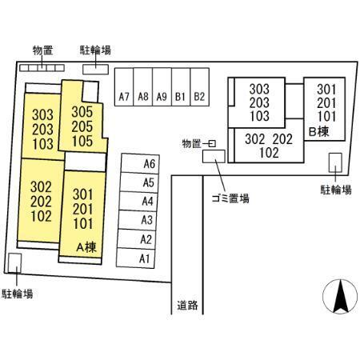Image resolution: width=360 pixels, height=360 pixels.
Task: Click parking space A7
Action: click(x=124, y=87)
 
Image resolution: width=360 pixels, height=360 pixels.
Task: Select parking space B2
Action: click(x=199, y=87)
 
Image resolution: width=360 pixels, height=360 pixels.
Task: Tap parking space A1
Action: click(x=135, y=258)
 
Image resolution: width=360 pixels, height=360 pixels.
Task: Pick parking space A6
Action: click(x=140, y=163)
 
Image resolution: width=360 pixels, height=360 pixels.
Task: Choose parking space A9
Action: click(x=162, y=87)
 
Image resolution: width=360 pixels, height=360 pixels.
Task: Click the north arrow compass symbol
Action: click(x=340, y=297)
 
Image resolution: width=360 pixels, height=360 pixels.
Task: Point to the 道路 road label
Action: click(x=187, y=305)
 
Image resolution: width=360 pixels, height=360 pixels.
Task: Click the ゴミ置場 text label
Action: click(x=230, y=198)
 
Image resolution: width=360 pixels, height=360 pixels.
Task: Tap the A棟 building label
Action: click(x=86, y=247)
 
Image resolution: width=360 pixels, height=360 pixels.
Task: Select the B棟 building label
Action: click(x=319, y=131)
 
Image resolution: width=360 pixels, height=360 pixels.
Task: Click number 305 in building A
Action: click(x=82, y=112)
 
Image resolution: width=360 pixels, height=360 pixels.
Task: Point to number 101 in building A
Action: click(x=83, y=223)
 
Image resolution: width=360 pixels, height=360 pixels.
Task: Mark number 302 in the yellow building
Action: click(x=41, y=187)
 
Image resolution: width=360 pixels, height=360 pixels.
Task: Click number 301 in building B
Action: click(x=326, y=90)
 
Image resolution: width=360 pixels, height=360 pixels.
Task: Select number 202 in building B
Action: click(x=282, y=139)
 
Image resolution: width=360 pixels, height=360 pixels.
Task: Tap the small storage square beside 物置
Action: click(x=212, y=144)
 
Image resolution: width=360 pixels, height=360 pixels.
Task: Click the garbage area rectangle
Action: click(x=214, y=156)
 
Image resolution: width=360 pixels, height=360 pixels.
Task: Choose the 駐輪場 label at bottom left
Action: click(x=18, y=294)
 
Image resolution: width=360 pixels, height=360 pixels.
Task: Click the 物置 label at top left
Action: click(x=42, y=50)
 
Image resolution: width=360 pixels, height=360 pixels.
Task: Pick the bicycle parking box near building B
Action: click(x=335, y=162)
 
